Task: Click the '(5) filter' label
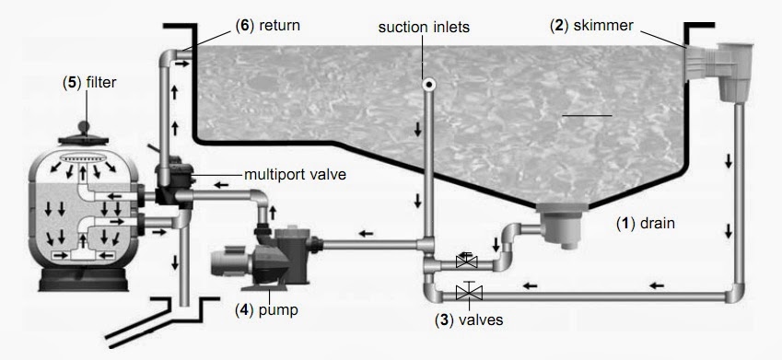click(x=89, y=82)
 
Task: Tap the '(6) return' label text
click(x=268, y=26)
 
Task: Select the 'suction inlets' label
click(x=424, y=27)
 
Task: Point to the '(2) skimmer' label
click(x=591, y=26)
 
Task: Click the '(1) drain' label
click(x=646, y=224)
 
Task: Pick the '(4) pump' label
click(x=266, y=309)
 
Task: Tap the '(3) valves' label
click(x=469, y=319)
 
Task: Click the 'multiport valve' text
click(x=295, y=175)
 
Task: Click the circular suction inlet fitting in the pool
click(x=428, y=85)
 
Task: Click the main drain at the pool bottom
click(x=562, y=224)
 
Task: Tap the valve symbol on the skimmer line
click(x=470, y=292)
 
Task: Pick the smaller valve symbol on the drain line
click(x=467, y=261)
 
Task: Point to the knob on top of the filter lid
click(x=83, y=127)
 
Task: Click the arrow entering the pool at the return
click(x=182, y=64)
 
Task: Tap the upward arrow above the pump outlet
click(x=273, y=212)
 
